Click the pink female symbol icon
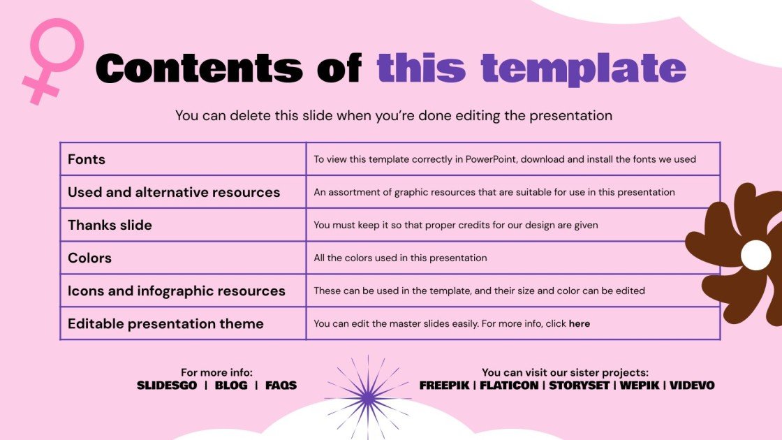53,59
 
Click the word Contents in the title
199,68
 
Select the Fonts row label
87,159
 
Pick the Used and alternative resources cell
174,192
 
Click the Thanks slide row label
110,225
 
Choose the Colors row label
89,258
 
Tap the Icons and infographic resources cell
177,291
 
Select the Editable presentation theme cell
165,323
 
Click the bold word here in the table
580,323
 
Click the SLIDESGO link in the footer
167,385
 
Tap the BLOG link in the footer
231,385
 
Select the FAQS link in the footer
281,385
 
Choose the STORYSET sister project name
579,385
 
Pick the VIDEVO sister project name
692,385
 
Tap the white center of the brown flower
755,255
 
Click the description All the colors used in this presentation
400,258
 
